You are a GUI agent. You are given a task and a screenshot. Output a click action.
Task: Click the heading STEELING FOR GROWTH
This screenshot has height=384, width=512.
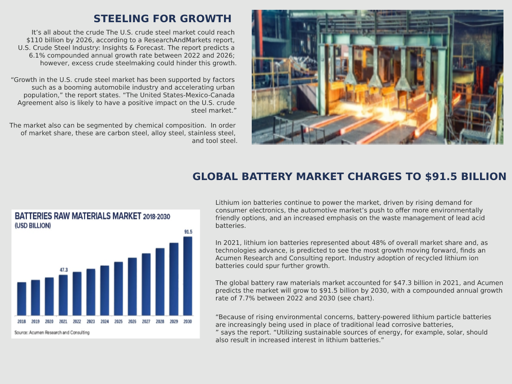[x=162, y=19]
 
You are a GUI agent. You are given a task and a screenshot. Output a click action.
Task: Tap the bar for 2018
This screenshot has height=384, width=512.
[x=21, y=299]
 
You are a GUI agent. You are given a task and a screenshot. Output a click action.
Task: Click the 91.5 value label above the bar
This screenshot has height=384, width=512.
[x=188, y=232]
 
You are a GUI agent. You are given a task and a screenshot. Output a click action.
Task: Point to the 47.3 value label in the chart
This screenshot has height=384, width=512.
[x=64, y=270]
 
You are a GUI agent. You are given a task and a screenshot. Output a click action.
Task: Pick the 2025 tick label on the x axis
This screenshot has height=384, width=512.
[x=118, y=322]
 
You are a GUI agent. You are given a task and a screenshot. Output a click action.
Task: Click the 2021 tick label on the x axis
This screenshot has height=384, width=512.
[x=63, y=322]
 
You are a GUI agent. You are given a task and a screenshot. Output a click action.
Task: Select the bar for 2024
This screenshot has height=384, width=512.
[x=105, y=290]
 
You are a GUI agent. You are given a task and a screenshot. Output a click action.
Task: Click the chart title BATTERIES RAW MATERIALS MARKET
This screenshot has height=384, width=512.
[x=78, y=216]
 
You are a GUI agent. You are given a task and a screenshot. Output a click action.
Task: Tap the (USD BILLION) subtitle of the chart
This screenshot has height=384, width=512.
[x=33, y=226]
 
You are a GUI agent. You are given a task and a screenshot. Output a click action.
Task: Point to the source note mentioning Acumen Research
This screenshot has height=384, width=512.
[x=52, y=332]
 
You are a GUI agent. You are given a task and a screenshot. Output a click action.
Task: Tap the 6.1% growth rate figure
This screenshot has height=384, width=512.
[x=38, y=55]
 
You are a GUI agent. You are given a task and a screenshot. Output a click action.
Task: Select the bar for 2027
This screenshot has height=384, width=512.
[x=146, y=284]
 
